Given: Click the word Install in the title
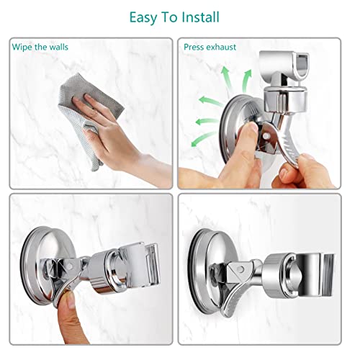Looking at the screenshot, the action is pyautogui.click(x=200, y=17).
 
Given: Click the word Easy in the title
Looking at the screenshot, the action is pyautogui.click(x=143, y=18).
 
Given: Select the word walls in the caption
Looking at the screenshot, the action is pyautogui.click(x=59, y=47).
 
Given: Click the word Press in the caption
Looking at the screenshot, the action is pyautogui.click(x=193, y=47).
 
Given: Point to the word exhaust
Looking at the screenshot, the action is pyautogui.click(x=220, y=47).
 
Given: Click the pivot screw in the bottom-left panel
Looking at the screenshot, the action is pyautogui.click(x=71, y=266).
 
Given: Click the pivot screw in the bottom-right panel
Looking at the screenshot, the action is pyautogui.click(x=240, y=269).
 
